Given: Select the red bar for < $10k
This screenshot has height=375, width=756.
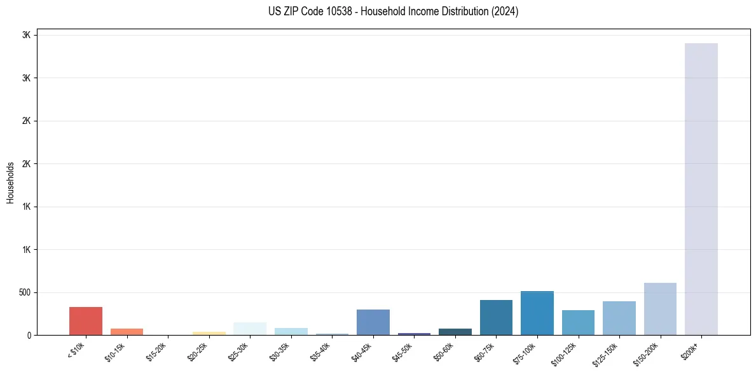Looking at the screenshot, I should tap(86, 321).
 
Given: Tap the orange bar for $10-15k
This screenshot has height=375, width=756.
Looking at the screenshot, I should tap(127, 332).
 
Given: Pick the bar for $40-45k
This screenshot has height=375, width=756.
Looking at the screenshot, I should tap(373, 322).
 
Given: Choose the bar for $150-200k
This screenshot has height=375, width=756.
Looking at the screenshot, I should tap(660, 309).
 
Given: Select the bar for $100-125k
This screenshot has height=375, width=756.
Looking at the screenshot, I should tap(578, 323).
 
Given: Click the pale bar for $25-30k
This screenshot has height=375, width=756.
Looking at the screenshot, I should tap(250, 329).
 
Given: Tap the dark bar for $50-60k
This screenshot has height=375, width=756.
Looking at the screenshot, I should tap(455, 332).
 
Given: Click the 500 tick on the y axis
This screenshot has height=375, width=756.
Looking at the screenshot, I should tap(25, 293).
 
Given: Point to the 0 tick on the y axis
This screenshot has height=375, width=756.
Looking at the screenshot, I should tap(29, 336).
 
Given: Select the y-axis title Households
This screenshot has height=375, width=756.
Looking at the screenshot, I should tap(10, 182).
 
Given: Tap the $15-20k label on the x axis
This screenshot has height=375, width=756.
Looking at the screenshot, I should tap(156, 351).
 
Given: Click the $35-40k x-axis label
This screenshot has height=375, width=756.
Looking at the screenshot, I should tap(320, 351).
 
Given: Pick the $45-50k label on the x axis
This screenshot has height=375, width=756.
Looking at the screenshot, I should tap(402, 351).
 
